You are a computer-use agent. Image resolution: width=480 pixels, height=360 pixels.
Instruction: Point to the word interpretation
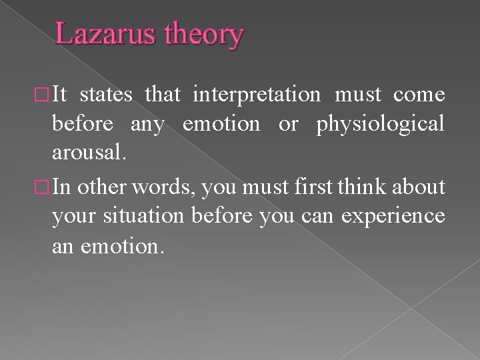(256, 95)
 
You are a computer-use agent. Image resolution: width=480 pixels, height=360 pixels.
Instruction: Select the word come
(419, 95)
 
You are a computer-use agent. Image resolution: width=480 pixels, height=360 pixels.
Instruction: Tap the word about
(419, 188)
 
